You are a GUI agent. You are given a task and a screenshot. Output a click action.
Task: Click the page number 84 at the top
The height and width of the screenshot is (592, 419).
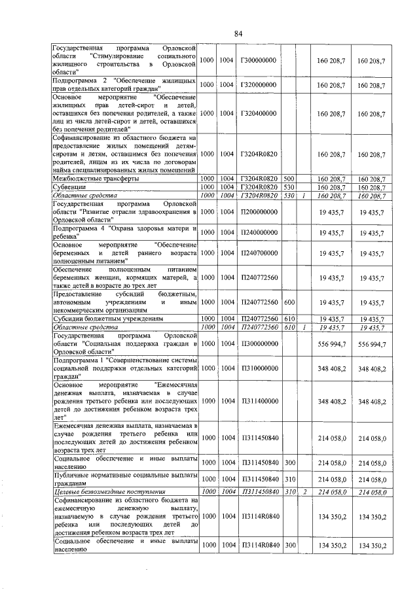coord(238,33)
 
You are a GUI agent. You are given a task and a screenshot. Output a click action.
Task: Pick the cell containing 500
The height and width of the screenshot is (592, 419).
coord(289,178)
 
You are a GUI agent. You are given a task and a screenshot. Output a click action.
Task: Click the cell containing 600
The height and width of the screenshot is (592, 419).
coord(289,302)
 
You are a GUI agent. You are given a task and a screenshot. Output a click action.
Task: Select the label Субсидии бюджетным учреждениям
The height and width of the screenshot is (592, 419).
coord(107,319)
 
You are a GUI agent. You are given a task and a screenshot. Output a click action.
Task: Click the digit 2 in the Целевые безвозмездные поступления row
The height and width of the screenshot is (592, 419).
coord(304,491)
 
